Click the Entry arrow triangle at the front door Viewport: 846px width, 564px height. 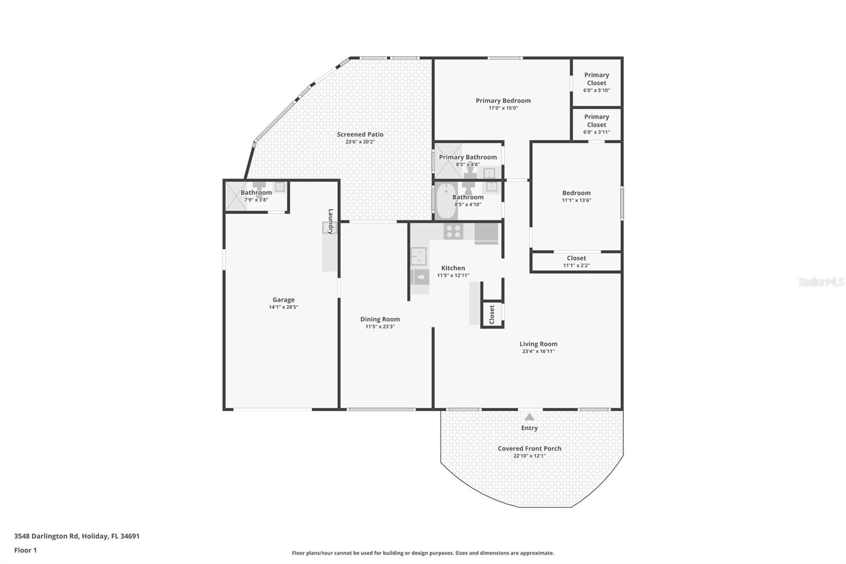pyautogui.click(x=529, y=417)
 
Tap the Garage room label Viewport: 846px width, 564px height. pyautogui.click(x=283, y=299)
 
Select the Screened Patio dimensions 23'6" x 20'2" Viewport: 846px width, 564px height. pyautogui.click(x=360, y=142)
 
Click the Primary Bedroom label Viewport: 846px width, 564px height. pyautogui.click(x=503, y=101)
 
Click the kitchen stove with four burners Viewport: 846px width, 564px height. pyautogui.click(x=453, y=231)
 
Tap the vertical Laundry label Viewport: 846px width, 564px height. pyautogui.click(x=331, y=221)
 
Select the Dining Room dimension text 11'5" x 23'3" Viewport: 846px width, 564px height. pyautogui.click(x=380, y=326)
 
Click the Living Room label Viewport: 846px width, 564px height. pyautogui.click(x=538, y=344)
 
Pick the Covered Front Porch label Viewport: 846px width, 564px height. pyautogui.click(x=529, y=448)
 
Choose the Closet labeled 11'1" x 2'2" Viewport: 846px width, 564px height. pyautogui.click(x=576, y=261)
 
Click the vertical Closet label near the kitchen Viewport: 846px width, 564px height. pyautogui.click(x=492, y=314)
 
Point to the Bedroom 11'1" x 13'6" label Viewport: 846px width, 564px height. pyautogui.click(x=576, y=196)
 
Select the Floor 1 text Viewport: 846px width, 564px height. pyautogui.click(x=25, y=550)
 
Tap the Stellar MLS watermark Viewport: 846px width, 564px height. pyautogui.click(x=821, y=282)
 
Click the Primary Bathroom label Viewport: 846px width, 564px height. pyautogui.click(x=468, y=157)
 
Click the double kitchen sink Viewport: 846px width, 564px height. pyautogui.click(x=418, y=256)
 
